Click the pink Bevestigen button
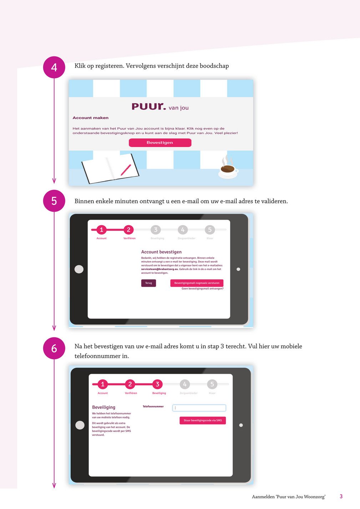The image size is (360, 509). [160, 143]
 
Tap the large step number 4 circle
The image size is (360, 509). [54, 67]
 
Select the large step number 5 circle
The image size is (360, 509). [54, 201]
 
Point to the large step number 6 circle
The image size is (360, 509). [54, 348]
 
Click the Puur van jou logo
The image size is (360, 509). [160, 107]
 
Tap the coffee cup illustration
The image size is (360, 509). [228, 169]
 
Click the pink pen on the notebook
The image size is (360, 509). [126, 170]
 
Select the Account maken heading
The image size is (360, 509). [91, 118]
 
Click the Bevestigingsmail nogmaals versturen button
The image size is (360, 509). [197, 283]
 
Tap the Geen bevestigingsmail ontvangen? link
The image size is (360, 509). [202, 289]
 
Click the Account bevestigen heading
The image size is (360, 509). [161, 252]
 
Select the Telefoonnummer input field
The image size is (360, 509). [199, 408]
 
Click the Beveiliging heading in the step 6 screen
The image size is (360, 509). [104, 407]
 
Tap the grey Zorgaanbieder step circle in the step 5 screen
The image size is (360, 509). [183, 230]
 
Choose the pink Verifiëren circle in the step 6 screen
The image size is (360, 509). [130, 384]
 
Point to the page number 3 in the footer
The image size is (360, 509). [341, 497]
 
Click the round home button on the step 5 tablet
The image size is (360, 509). [79, 269]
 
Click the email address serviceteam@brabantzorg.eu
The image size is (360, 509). [159, 269]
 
